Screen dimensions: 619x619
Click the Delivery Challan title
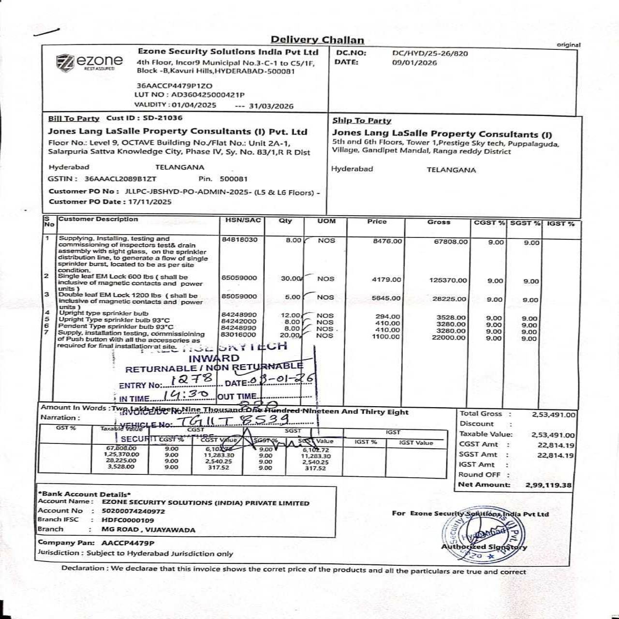317,40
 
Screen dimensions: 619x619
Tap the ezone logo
90,61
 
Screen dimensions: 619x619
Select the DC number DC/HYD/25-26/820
430,54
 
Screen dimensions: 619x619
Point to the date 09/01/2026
414,63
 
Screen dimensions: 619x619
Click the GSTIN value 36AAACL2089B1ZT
120,179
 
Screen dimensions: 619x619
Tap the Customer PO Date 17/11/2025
150,202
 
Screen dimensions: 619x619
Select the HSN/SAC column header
243,221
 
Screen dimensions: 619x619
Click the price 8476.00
387,241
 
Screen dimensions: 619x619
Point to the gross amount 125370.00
448,280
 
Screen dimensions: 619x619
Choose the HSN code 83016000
238,335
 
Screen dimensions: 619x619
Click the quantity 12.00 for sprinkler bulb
291,315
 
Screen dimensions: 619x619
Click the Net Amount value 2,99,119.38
548,485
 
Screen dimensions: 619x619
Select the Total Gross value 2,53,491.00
554,415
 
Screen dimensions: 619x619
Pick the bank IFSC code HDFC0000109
128,520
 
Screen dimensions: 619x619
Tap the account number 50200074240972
133,511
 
